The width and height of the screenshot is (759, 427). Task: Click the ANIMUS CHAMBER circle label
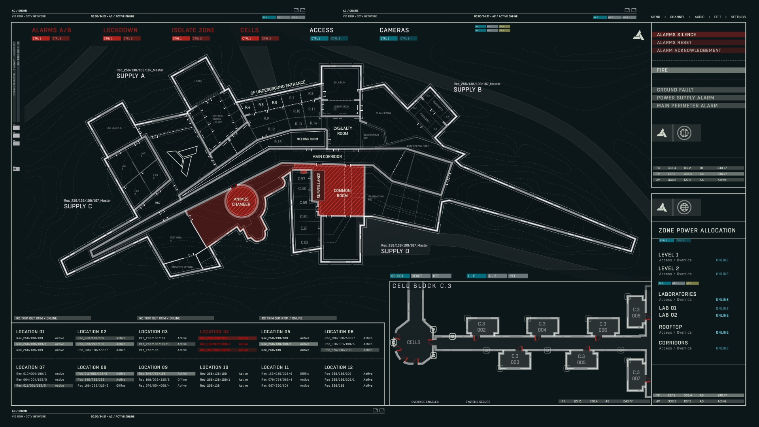(x=241, y=202)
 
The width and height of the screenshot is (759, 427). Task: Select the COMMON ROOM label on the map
(x=342, y=193)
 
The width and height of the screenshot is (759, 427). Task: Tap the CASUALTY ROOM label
(x=342, y=131)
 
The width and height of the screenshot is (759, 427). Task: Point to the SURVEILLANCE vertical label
(x=319, y=185)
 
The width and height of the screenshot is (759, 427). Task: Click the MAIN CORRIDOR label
(x=327, y=157)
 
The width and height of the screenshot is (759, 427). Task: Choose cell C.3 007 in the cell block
(x=636, y=375)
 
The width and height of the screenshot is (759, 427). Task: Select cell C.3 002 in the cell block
(x=481, y=327)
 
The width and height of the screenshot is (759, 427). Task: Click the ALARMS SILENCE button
(x=698, y=35)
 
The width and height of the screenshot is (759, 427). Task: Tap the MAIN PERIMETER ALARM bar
(x=698, y=106)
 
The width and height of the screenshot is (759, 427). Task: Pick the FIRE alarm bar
(x=698, y=70)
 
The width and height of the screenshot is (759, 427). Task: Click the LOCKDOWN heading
(x=120, y=30)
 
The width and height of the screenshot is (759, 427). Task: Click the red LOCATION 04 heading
(x=214, y=332)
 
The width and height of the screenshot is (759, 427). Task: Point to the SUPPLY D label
(x=395, y=251)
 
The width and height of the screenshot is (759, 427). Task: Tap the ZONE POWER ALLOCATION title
(x=697, y=231)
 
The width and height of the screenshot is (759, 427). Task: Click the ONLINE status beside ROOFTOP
(x=722, y=333)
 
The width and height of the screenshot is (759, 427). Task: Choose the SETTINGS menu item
(x=738, y=17)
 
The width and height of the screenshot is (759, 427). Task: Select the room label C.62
(x=304, y=242)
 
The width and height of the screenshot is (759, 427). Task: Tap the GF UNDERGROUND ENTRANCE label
(x=278, y=88)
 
